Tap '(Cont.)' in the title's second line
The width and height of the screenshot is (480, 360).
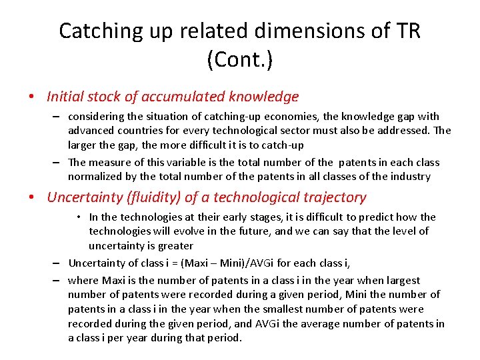(x=239, y=60)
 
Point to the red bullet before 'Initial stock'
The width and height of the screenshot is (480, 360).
(x=32, y=97)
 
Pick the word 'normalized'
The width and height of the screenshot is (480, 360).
(x=94, y=177)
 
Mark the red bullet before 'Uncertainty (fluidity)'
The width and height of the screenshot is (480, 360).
(x=32, y=197)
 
